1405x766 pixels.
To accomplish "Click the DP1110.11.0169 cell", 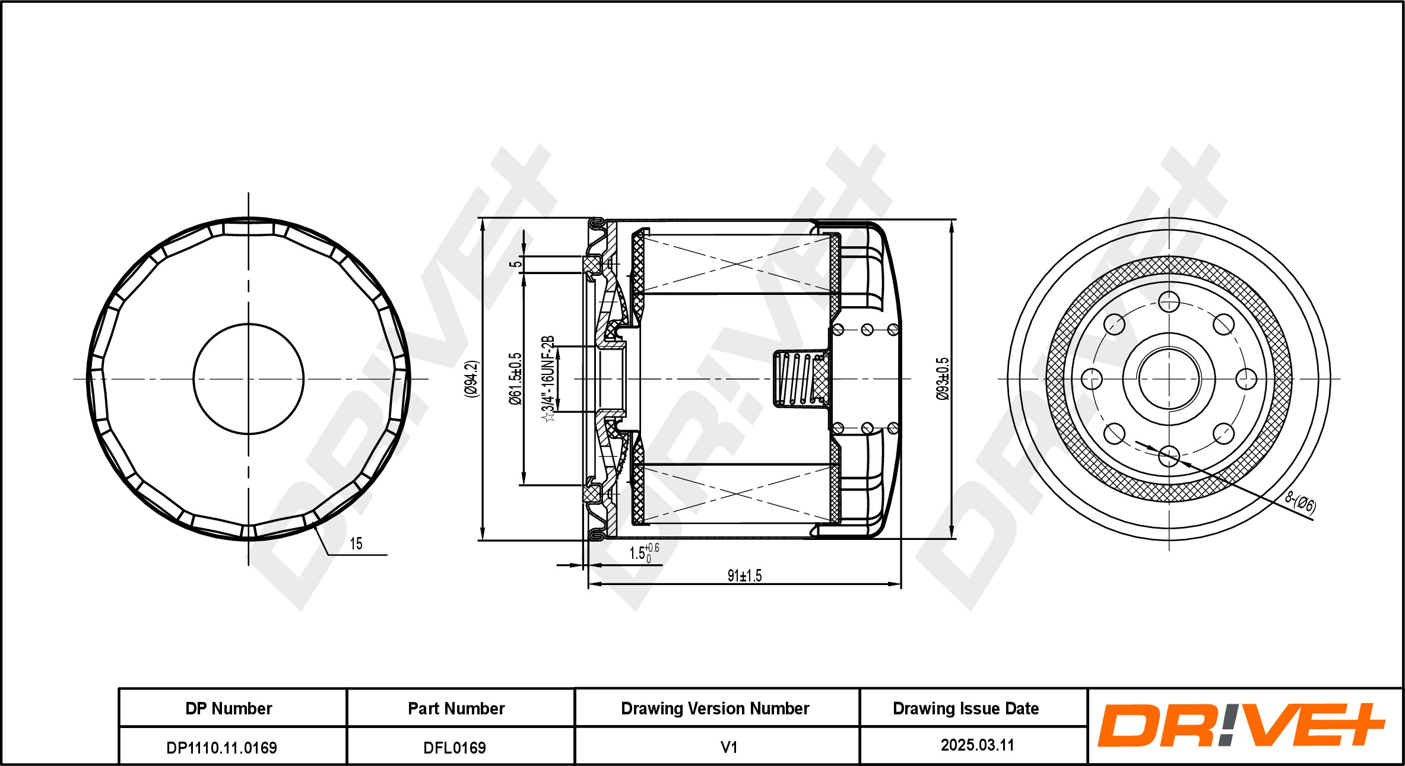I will (221, 747).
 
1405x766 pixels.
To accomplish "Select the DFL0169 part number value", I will (454, 747).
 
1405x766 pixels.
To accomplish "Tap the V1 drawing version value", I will (728, 747).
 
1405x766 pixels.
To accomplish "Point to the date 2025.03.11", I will (977, 745).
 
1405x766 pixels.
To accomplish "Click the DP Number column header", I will (229, 708).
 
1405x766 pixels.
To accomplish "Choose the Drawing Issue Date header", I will (966, 708).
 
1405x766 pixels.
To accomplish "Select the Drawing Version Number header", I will (715, 708).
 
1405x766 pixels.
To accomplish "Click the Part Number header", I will (456, 708).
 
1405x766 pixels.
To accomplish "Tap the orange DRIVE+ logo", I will (1241, 725).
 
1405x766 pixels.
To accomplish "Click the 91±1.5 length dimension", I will (744, 575).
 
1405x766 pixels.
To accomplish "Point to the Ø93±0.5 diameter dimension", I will (943, 379).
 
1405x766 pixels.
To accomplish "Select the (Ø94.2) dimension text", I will (472, 379).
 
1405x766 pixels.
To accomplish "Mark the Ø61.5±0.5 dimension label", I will (515, 379).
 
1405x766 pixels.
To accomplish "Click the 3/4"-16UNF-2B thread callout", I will (548, 379).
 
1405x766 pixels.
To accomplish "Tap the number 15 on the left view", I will (356, 543).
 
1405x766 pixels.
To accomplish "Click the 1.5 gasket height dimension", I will (642, 553).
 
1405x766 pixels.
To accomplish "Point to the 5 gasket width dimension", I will (516, 264).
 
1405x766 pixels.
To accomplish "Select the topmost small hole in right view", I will (1169, 301).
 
